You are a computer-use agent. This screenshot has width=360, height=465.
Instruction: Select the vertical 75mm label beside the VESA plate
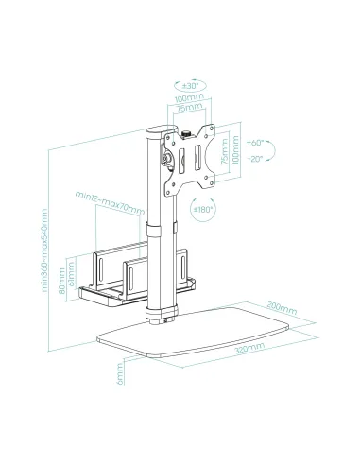click(223, 150)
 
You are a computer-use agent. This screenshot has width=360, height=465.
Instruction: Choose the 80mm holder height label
click(63, 280)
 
